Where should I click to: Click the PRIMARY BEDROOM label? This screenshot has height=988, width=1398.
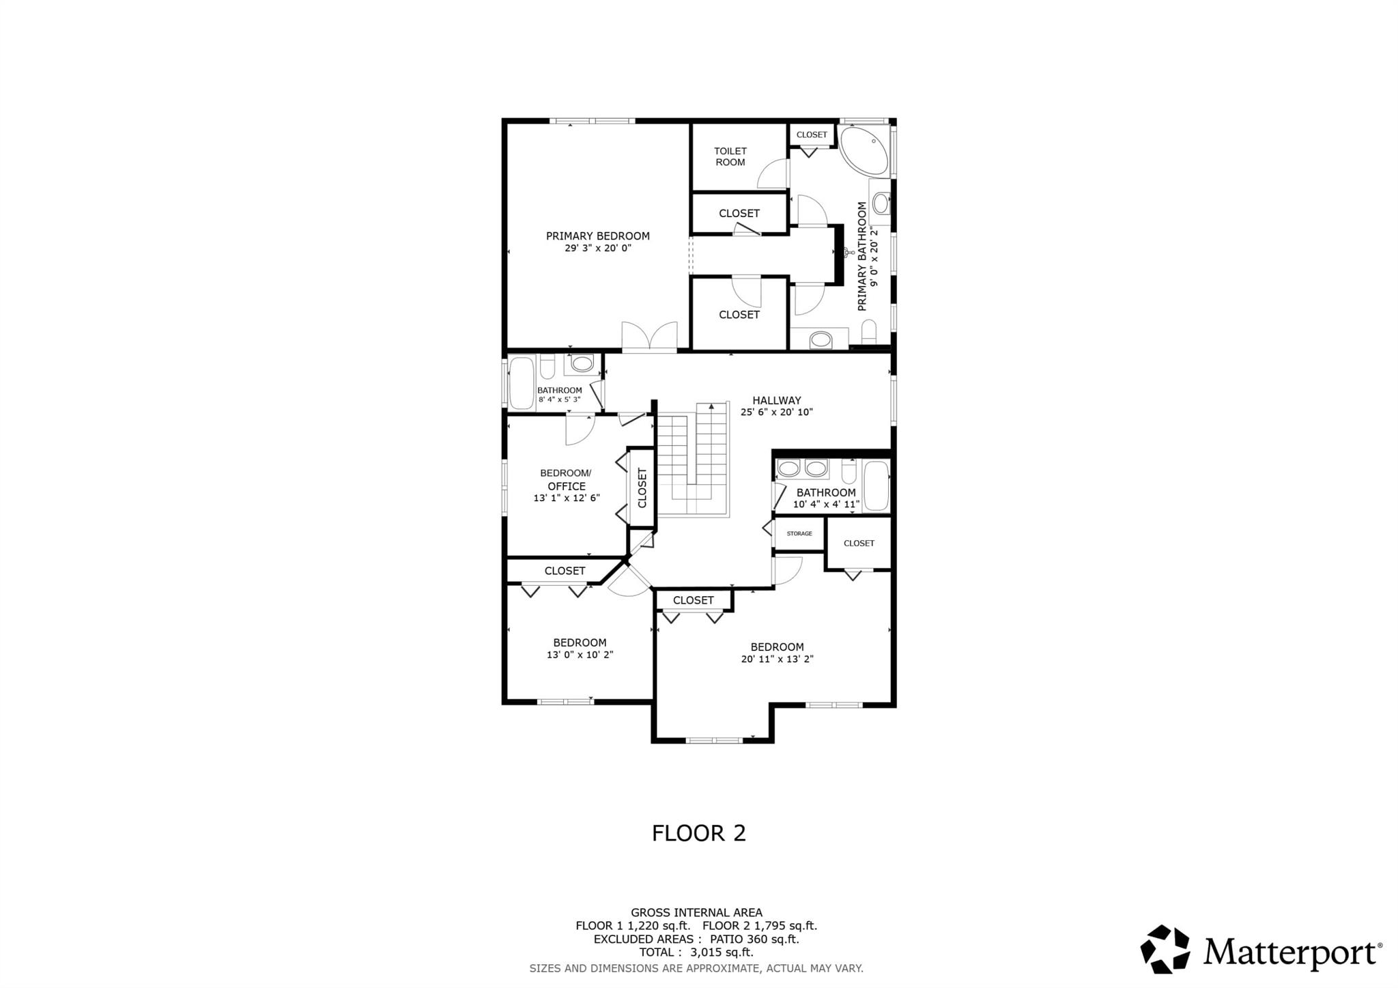click(597, 236)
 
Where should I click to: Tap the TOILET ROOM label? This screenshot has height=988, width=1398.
click(730, 156)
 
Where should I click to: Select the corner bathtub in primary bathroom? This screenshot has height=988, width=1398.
click(863, 150)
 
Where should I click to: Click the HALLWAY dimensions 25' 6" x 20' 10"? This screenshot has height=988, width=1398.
click(776, 412)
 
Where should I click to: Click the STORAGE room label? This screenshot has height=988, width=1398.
click(799, 533)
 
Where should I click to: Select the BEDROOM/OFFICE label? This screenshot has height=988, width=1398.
click(566, 479)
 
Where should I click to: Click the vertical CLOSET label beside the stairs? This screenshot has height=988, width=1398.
click(642, 488)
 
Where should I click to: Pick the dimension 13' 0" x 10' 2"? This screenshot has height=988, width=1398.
click(580, 655)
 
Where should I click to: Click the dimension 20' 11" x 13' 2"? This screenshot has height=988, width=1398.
click(777, 660)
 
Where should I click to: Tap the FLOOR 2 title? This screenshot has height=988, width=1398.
click(698, 833)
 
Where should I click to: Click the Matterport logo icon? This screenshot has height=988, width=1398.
click(1165, 948)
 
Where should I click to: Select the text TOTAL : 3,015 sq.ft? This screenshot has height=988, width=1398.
click(696, 952)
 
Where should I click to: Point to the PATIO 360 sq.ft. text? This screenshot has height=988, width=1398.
click(756, 939)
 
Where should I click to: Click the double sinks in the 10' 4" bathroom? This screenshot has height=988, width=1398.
click(802, 468)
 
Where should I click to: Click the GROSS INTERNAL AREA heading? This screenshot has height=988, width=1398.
click(696, 912)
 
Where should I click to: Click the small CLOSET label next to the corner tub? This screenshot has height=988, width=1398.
click(811, 135)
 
